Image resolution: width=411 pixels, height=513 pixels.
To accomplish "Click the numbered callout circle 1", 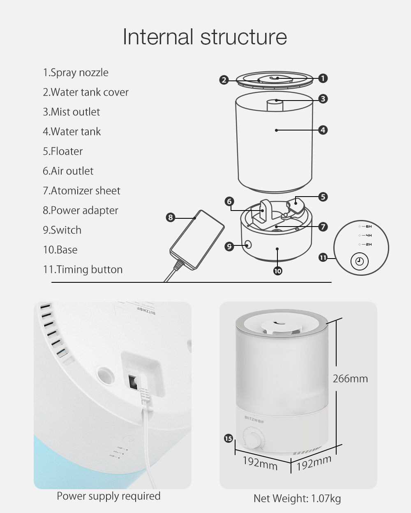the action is coord(323,78).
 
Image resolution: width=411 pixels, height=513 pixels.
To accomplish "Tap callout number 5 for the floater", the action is coord(323,197).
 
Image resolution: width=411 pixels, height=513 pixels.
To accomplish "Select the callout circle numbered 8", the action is coord(171,218).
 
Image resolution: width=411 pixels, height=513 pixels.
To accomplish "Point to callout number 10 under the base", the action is coord(277,271).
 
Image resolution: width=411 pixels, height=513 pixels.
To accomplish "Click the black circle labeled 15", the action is coord(229,439).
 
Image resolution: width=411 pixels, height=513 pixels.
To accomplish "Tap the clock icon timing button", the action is coord(359,261).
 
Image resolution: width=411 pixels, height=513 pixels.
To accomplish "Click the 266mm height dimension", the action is coord(350,378).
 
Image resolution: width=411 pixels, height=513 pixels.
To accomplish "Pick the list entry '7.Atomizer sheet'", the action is coord(81,191).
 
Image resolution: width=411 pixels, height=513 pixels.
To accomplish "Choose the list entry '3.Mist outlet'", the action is coord(72,112).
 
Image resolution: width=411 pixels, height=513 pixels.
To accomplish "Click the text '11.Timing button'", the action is coord(83,270).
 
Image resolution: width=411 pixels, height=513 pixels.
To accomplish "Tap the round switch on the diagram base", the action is coord(248,245).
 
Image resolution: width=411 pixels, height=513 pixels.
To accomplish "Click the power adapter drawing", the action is coord(197,240).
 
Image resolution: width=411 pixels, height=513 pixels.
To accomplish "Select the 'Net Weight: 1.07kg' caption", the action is coord(297,499).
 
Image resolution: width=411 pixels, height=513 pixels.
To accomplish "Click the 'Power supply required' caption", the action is coord(109,496).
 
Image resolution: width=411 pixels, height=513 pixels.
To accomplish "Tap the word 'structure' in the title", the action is coord(244,37).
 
